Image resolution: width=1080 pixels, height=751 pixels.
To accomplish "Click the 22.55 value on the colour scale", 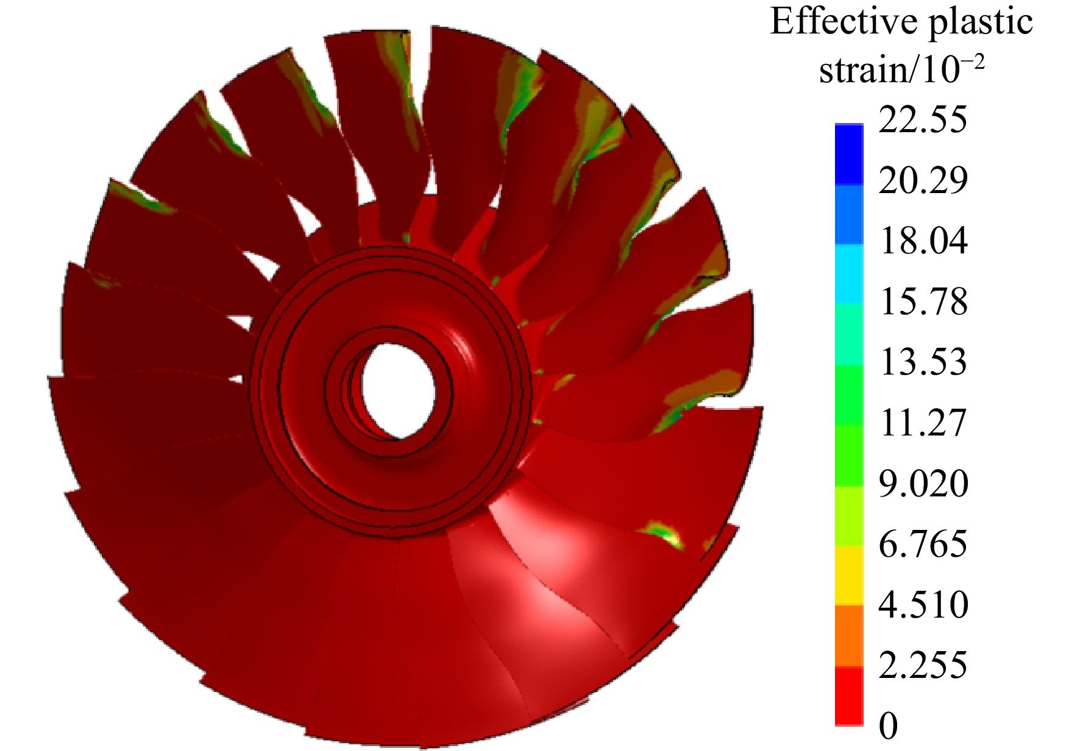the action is coord(923,119).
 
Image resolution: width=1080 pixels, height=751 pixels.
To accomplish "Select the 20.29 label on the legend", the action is coord(923,180).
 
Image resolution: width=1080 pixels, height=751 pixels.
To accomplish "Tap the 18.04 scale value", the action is coord(923,241).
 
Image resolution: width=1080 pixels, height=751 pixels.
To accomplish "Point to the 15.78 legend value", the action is coord(923,301).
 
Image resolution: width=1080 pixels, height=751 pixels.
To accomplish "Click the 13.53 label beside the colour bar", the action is coord(923,362).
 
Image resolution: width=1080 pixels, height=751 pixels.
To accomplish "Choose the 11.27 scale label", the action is coord(923,423).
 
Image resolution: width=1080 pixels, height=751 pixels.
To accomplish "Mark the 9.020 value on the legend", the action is coord(923,484).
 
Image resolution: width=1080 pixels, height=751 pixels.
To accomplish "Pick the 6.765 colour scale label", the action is coord(923,544).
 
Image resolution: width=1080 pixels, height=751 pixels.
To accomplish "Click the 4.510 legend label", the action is coord(923,605).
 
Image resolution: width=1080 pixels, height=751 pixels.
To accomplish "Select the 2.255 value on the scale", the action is coord(923,665).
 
